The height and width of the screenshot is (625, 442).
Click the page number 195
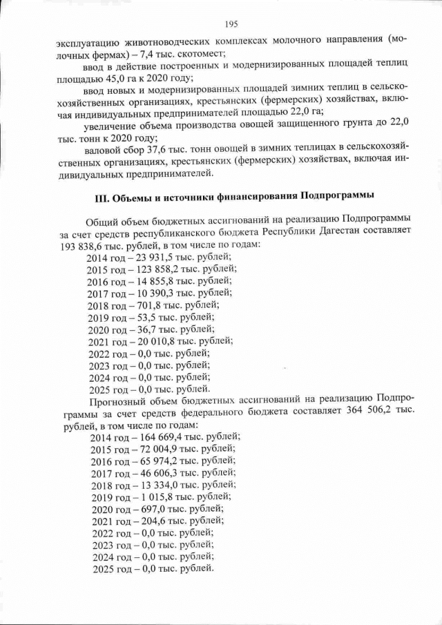pos(231,25)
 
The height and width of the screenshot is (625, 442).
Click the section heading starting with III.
pos(233,195)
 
